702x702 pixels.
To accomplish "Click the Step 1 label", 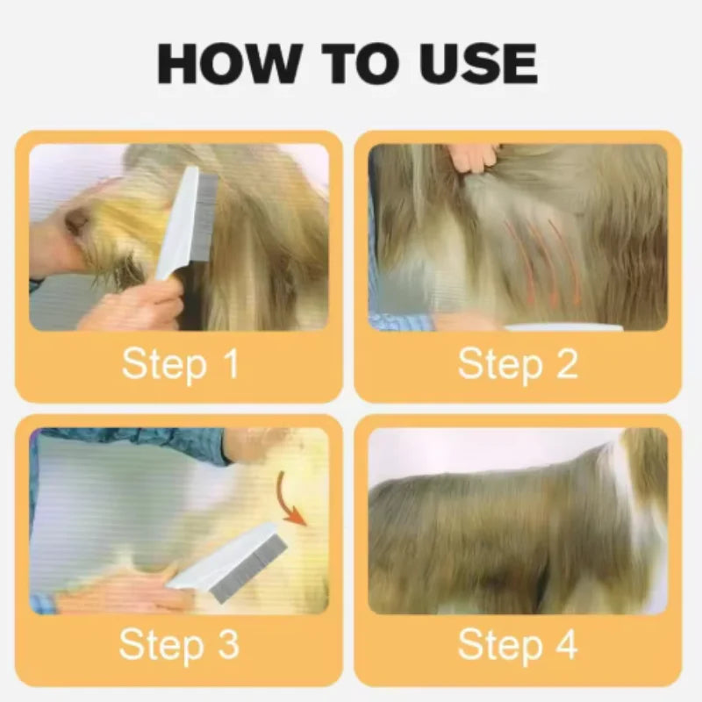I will tap(180, 364).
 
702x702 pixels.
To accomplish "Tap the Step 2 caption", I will tap(518, 364).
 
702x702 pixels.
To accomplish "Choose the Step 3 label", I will tap(179, 645).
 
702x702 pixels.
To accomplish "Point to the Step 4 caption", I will tap(518, 645).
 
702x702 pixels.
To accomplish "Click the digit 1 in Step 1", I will tap(230, 364).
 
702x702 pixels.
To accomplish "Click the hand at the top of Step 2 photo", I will tap(474, 158).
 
